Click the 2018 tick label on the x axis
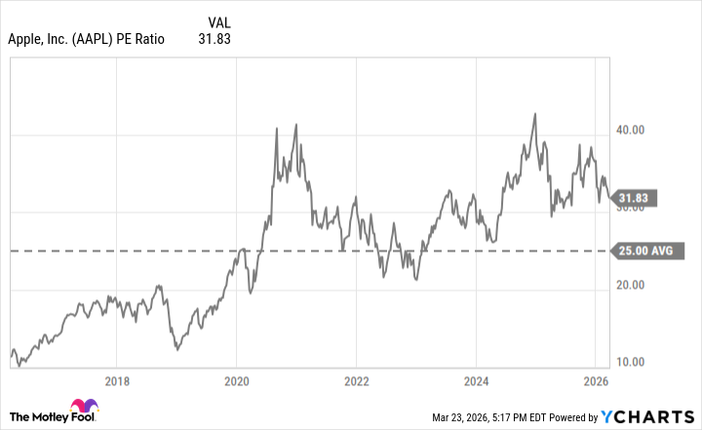(x=117, y=382)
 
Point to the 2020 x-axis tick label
(x=237, y=382)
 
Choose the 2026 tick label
(x=596, y=382)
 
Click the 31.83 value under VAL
(x=214, y=40)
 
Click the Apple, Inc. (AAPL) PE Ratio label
(x=86, y=40)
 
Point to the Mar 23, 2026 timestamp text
(x=495, y=418)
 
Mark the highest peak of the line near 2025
(x=534, y=113)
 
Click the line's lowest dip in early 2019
(x=175, y=348)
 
